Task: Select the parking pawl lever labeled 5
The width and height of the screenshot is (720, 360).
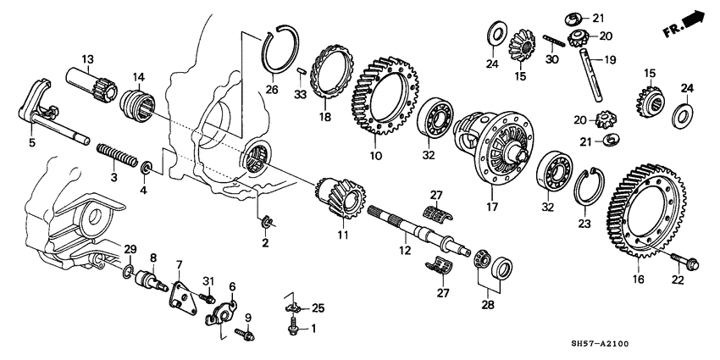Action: point(42,110)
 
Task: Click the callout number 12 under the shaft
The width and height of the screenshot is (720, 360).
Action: point(405,251)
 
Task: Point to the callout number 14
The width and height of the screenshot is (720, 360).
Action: point(139,75)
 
